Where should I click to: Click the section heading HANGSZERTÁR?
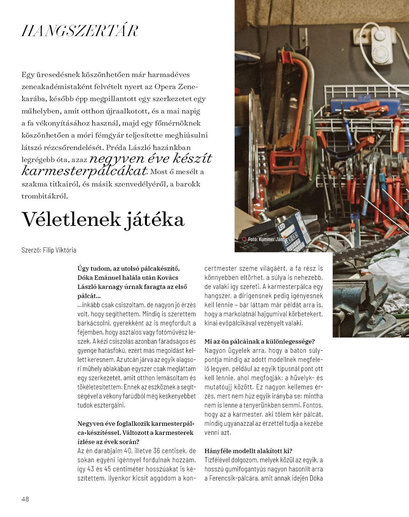click(x=80, y=31)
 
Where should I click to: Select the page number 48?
click(x=25, y=499)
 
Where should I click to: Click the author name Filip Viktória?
click(x=59, y=250)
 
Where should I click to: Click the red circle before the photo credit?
click(x=244, y=239)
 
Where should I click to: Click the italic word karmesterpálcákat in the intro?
click(x=84, y=171)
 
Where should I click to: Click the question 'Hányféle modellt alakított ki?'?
click(x=248, y=451)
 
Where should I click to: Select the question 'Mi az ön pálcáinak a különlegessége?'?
click(x=260, y=342)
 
